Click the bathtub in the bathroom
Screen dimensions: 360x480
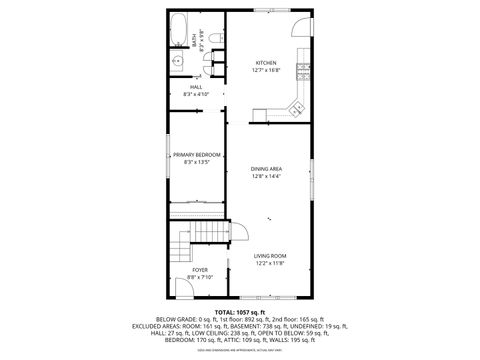[180, 32]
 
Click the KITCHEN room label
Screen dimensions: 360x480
[266, 63]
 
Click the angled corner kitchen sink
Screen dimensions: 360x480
[297, 104]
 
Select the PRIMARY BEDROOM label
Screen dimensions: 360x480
[196, 155]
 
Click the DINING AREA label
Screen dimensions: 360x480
[266, 169]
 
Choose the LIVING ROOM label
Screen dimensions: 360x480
[269, 256]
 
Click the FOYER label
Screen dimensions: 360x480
[200, 270]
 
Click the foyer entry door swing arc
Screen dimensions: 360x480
[183, 291]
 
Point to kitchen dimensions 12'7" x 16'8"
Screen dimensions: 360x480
[266, 70]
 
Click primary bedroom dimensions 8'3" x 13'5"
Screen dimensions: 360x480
[196, 162]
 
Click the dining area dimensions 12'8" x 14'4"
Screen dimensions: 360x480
[266, 176]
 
